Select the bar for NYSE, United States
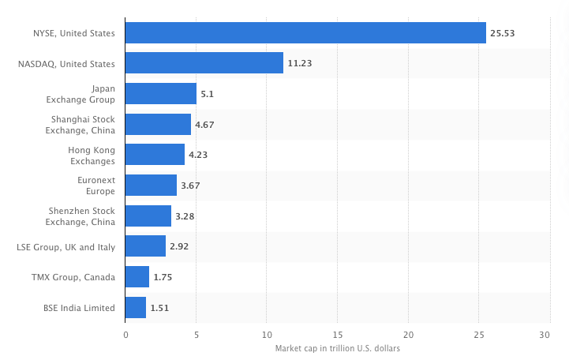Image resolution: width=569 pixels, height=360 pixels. tap(305, 33)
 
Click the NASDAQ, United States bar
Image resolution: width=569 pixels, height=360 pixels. tap(204, 63)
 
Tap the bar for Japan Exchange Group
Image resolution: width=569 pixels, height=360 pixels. tap(161, 94)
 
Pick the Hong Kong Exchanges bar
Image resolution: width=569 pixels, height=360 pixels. tap(155, 155)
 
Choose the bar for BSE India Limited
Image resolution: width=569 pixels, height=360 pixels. tap(136, 307)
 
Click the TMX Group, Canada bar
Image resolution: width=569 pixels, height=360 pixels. tap(137, 277)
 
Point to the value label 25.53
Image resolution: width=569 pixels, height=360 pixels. tap(502, 33)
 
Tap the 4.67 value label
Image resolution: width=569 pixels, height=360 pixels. tap(204, 125)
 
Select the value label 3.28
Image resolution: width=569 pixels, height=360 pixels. tap(185, 216)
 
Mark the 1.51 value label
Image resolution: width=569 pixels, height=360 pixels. tap(159, 307)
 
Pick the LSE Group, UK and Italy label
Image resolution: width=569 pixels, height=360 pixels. tap(66, 246)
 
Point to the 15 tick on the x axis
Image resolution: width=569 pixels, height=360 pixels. tap(337, 336)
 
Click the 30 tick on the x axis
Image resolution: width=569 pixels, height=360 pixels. tap(545, 336)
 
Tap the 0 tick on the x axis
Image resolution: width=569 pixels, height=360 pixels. tap(125, 336)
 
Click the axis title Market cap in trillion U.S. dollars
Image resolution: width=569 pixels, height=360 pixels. tap(337, 349)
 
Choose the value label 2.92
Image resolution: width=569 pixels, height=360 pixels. tap(179, 246)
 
